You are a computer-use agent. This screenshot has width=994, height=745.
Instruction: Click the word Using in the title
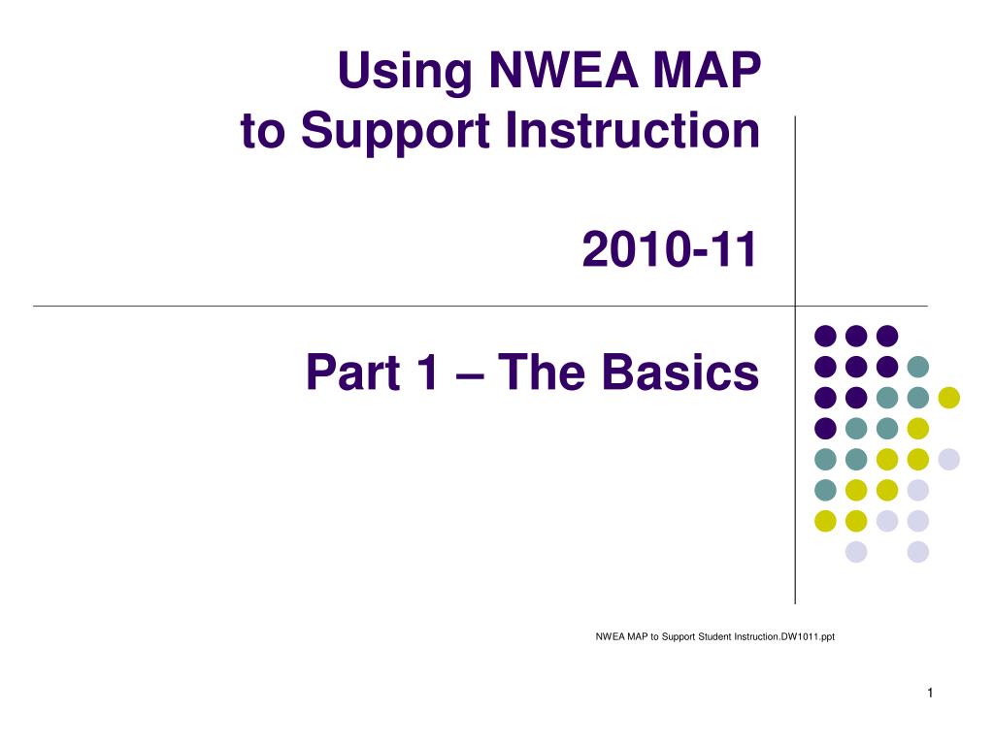point(405,71)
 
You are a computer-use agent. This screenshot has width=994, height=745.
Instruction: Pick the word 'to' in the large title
point(262,132)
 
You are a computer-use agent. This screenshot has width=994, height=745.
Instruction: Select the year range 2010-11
point(670,249)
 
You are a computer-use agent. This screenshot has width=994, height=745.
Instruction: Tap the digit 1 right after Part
point(427,372)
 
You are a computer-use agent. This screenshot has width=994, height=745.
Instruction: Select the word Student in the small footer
point(714,636)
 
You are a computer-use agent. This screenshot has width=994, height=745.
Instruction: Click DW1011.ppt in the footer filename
point(808,636)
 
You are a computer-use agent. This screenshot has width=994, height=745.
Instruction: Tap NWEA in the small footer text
point(611,636)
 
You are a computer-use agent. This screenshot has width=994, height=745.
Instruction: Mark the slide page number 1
point(930,693)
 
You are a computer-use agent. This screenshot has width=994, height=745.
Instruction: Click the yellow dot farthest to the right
point(949,398)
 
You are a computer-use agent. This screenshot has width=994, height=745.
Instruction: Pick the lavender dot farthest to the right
point(949,459)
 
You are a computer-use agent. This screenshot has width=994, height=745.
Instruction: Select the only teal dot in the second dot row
point(918,367)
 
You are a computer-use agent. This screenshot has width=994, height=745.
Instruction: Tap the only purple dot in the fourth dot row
point(825,428)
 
